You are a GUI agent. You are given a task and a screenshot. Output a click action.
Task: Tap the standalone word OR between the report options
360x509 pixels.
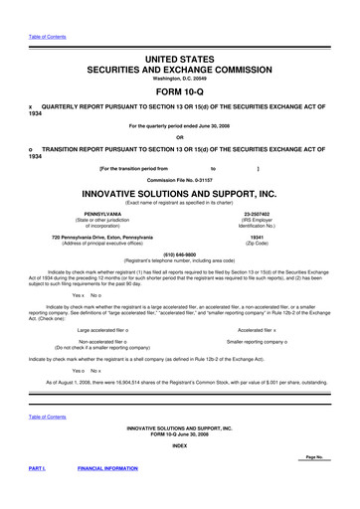point(180,137)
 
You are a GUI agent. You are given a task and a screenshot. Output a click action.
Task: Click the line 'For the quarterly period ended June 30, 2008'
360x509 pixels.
point(180,124)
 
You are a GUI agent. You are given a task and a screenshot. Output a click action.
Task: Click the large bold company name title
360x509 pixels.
point(180,193)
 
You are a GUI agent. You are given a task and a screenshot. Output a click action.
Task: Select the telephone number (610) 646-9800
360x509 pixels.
point(180,253)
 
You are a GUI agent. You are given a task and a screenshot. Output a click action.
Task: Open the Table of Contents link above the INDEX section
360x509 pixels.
point(48,417)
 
